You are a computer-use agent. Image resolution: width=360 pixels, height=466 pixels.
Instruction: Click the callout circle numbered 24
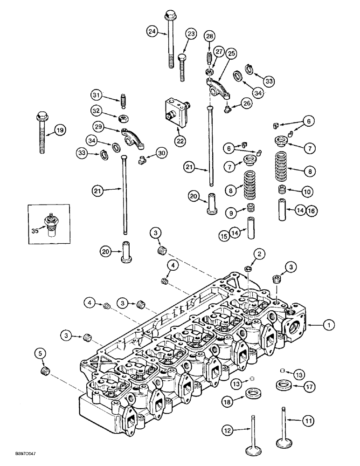151,32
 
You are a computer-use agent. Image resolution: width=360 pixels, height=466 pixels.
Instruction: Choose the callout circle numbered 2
259,254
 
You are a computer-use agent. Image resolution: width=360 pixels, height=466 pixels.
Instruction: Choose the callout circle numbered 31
96,96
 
